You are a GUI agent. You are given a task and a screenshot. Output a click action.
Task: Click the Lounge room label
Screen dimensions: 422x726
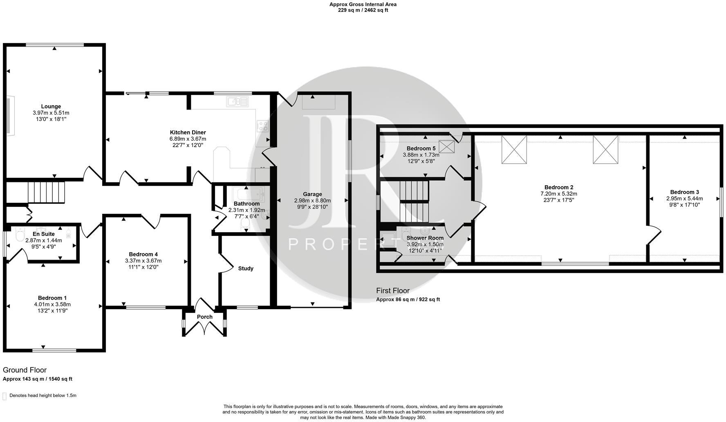(x=51, y=106)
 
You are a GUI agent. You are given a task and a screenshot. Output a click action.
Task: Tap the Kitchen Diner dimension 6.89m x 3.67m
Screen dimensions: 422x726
(x=188, y=139)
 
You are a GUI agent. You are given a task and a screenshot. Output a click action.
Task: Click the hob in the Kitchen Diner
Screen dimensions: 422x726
(x=262, y=126)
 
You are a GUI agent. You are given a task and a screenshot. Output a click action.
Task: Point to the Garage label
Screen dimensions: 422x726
(x=312, y=194)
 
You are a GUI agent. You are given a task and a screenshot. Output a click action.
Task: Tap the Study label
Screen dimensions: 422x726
(x=246, y=269)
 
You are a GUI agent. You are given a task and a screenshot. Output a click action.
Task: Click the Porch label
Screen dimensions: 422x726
(x=205, y=317)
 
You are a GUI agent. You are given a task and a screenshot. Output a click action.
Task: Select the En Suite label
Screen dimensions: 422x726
(x=44, y=234)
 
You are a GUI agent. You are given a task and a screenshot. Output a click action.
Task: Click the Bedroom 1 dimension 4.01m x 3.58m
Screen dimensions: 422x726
(x=52, y=304)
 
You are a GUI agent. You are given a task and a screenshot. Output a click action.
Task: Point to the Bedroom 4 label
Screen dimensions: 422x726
(x=143, y=254)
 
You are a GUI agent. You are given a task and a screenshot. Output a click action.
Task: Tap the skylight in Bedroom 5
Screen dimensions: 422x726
(x=446, y=147)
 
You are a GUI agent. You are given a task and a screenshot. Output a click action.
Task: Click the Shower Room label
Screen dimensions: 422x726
(x=425, y=238)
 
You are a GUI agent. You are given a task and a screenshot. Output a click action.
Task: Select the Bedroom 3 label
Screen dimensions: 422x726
(x=684, y=192)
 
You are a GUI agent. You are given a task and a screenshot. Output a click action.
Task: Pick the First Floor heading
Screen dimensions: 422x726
(x=392, y=291)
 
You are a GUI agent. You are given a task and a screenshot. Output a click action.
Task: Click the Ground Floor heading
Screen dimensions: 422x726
(x=25, y=370)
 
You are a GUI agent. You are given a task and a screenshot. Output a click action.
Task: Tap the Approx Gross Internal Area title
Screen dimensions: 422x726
(x=363, y=4)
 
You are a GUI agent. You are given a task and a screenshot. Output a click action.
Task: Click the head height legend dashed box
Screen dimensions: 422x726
(x=5, y=396)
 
